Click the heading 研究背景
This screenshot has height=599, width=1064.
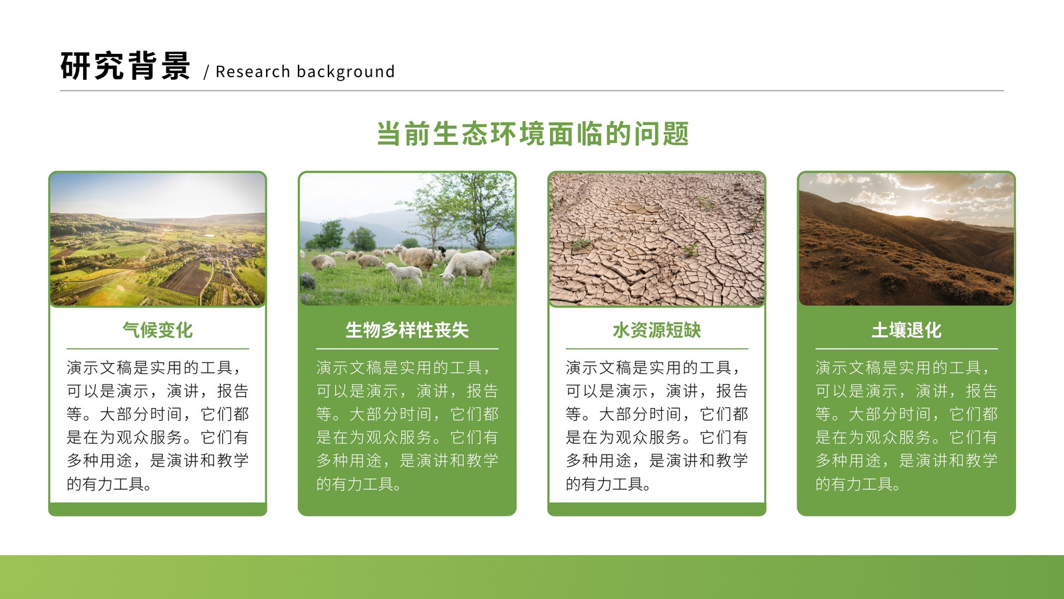click(x=126, y=66)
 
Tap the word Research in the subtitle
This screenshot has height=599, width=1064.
click(x=253, y=71)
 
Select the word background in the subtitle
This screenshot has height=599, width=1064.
click(x=346, y=71)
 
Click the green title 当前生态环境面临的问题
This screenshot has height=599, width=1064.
click(x=533, y=134)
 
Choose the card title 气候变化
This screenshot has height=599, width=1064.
click(x=158, y=330)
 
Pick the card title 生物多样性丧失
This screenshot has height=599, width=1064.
click(x=407, y=330)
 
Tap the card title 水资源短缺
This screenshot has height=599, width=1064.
click(x=656, y=330)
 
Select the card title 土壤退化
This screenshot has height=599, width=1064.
click(x=906, y=330)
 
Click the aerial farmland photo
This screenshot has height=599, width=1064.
click(x=158, y=239)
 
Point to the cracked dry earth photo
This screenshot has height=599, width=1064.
click(x=657, y=239)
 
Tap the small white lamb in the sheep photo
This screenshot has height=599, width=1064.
click(x=404, y=274)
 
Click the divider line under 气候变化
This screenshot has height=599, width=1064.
click(x=158, y=349)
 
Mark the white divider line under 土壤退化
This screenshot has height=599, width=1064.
click(x=906, y=349)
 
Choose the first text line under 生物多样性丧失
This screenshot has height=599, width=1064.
click(x=404, y=367)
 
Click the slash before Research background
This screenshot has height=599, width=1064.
click(x=206, y=72)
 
